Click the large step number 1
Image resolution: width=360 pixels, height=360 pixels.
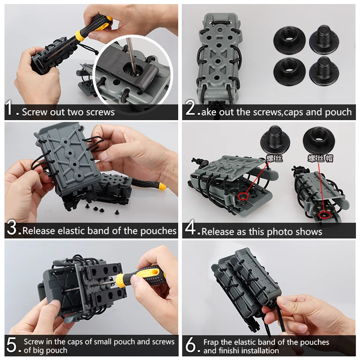coord(9,108)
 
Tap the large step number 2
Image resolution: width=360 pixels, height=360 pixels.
coord(190,108)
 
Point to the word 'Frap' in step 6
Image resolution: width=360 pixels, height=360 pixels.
coord(211,342)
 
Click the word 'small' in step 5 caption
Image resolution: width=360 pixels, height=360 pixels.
coord(100,342)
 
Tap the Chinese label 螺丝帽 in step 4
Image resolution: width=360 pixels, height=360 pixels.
coord(320,158)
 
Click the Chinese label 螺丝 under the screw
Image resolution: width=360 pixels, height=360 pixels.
coord(274,158)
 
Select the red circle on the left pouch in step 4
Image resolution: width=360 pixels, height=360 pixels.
coord(243,196)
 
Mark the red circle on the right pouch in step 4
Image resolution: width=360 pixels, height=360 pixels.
coord(324,215)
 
